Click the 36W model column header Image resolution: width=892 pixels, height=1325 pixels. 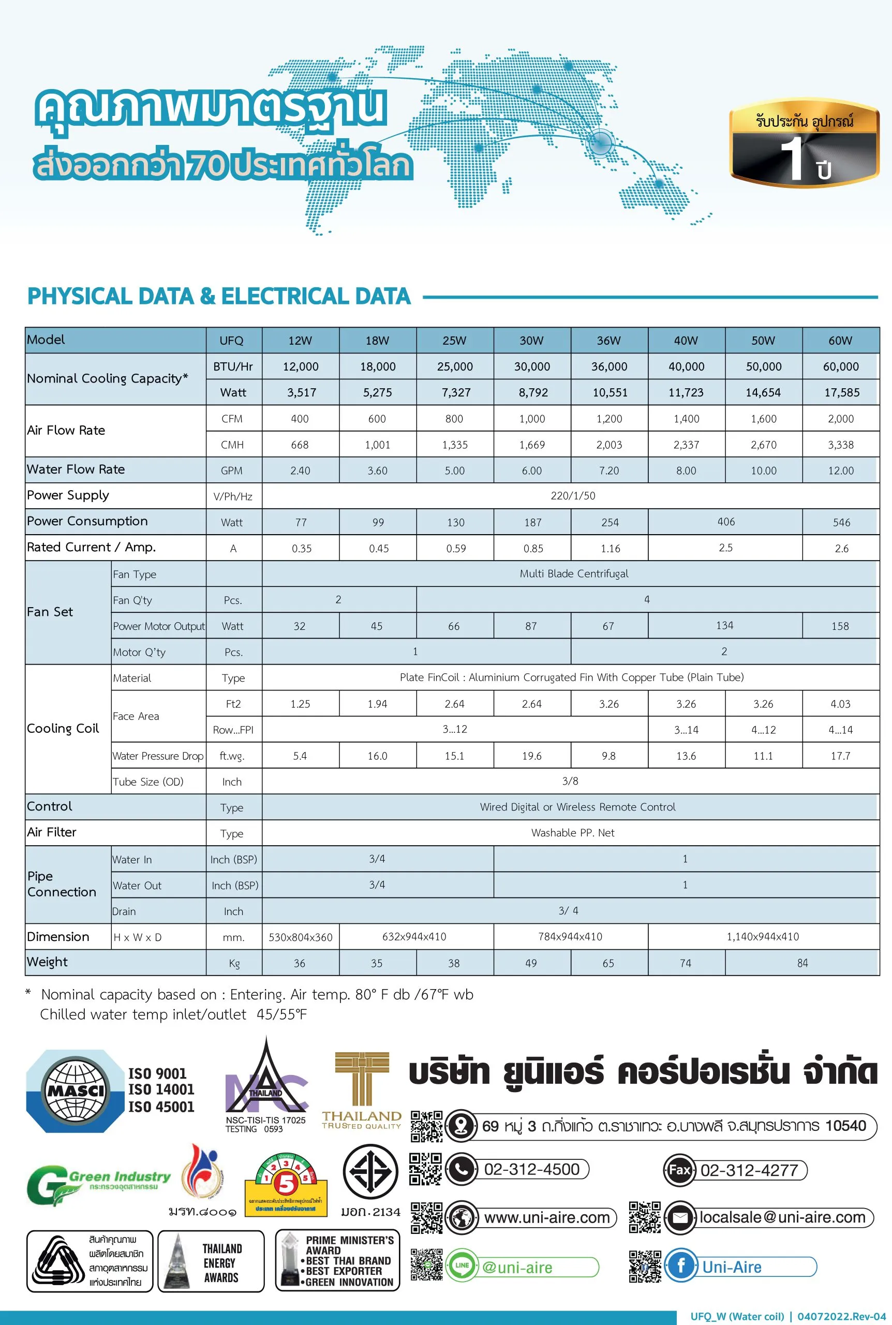(608, 340)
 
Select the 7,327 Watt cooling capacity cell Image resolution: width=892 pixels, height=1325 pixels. (456, 392)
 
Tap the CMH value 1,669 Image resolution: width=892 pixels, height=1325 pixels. (532, 445)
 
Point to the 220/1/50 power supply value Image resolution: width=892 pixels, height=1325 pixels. (573, 495)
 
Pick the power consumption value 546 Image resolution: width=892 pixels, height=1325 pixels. (841, 522)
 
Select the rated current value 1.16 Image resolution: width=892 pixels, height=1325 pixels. (610, 549)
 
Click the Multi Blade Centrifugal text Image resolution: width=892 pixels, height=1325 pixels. (573, 573)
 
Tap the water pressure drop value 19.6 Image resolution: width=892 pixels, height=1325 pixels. (532, 756)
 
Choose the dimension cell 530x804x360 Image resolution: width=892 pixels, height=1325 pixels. (301, 937)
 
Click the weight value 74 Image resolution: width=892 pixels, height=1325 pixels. (686, 963)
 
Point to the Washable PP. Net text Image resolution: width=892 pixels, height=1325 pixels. (572, 833)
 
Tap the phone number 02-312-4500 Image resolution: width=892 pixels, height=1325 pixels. (531, 1170)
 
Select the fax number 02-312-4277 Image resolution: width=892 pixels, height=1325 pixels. (749, 1170)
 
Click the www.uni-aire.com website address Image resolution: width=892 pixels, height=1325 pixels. (547, 1217)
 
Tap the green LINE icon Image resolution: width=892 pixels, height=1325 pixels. (462, 1265)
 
